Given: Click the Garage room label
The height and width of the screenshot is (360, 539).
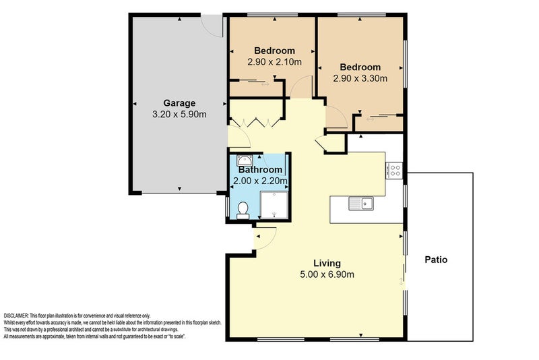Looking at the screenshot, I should click(179, 103).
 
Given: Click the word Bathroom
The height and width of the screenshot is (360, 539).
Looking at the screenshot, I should click(260, 170).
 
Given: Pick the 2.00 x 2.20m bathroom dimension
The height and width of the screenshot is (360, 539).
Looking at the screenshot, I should click(260, 181).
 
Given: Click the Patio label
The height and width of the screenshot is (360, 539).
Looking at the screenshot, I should click(437, 260).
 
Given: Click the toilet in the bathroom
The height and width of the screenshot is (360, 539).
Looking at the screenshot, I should click(243, 209).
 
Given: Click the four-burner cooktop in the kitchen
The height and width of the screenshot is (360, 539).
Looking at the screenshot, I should click(394, 171).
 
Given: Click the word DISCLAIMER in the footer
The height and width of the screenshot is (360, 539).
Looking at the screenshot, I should click(16, 316).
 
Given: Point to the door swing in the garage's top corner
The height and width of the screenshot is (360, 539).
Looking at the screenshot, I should click(214, 26).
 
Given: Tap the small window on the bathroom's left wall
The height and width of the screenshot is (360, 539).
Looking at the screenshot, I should click(227, 208).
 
